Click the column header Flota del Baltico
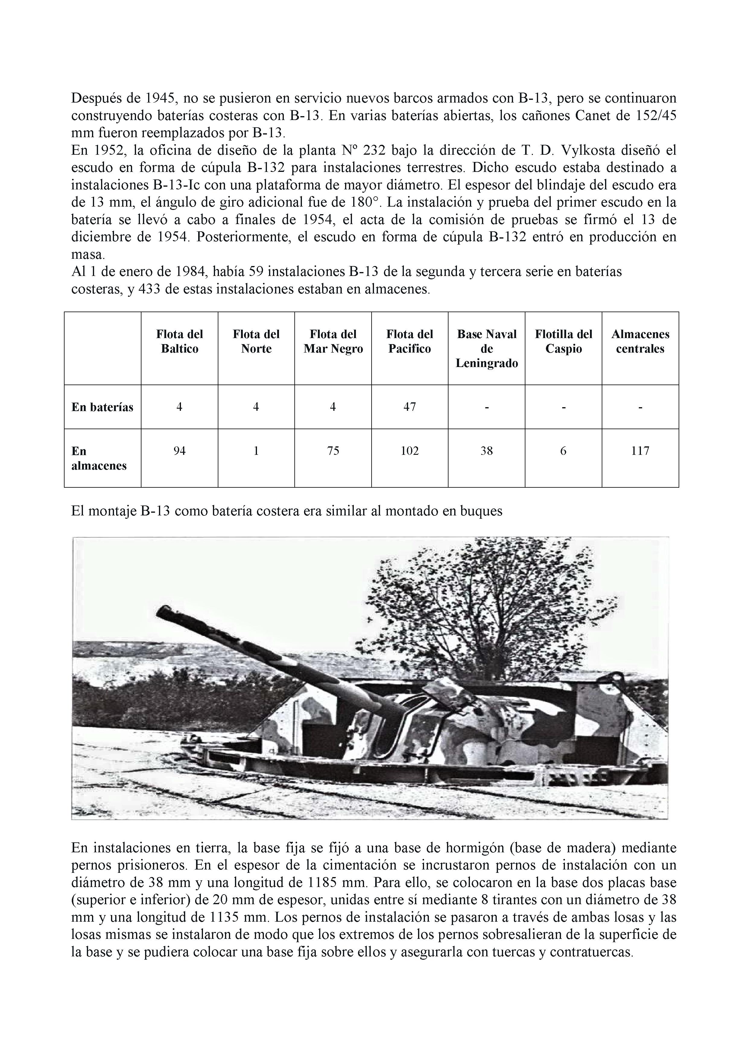pos(179,341)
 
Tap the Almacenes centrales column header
pos(640,341)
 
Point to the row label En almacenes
pos(99,458)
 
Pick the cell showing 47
pos(410,407)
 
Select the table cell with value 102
pos(410,451)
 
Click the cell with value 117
pos(640,451)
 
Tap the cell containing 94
pos(179,451)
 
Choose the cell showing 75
pos(333,451)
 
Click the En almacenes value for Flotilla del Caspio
pos(563,451)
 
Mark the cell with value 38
pos(487,451)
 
